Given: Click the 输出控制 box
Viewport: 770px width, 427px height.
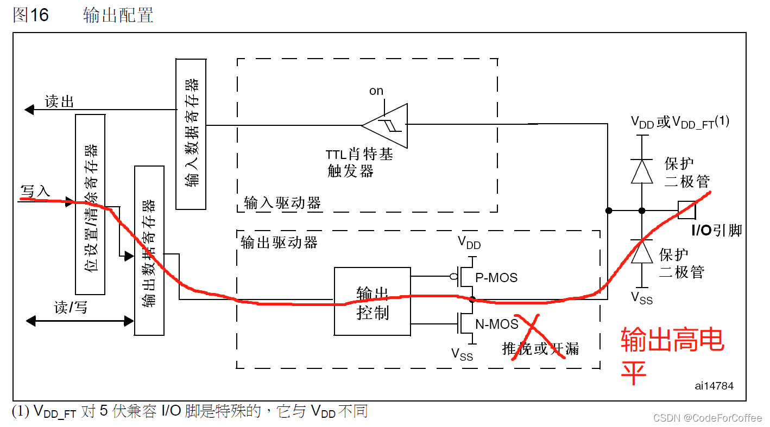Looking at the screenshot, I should coord(372,301).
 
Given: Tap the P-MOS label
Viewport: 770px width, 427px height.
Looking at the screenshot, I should coord(496,278).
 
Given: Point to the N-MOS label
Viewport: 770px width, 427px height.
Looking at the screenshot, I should coord(497,324).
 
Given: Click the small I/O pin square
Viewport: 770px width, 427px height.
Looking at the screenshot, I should coord(687,210).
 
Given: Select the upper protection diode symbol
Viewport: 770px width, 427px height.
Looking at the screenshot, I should coord(642,171).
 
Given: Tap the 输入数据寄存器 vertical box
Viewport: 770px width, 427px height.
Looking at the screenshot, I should coord(191,133).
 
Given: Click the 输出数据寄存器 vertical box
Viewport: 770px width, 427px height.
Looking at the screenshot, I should coord(149,250).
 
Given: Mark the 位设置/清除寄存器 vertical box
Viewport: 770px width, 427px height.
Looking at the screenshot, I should coord(90,204).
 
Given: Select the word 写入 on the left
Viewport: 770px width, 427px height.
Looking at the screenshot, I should coord(36,191).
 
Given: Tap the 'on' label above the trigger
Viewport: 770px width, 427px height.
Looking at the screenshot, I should coord(376,91).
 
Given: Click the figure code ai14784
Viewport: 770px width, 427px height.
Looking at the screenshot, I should coord(714,386).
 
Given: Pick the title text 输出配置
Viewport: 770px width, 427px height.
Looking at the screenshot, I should coord(118,15).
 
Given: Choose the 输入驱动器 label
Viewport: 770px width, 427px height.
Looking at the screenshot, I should coord(282,203).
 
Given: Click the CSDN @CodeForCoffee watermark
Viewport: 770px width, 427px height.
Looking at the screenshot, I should coord(708,417).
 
